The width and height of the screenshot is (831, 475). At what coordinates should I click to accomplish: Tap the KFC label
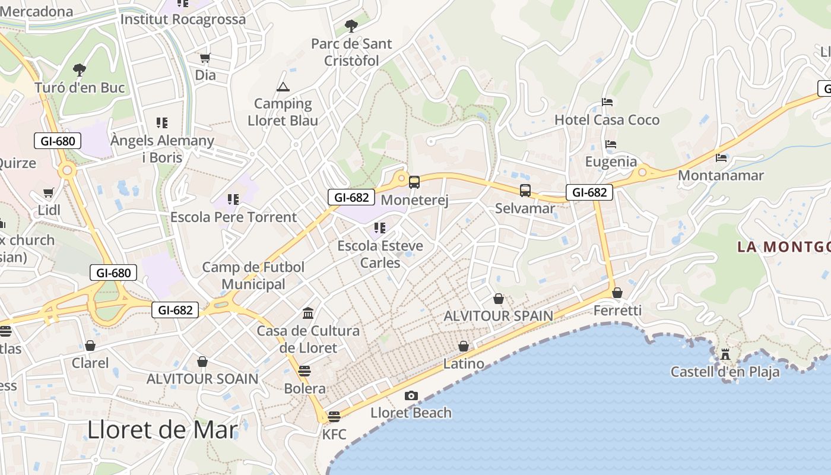point(334,434)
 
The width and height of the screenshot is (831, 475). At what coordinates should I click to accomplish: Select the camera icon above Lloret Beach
point(411,396)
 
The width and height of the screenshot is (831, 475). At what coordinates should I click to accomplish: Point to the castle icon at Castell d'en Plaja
point(725,354)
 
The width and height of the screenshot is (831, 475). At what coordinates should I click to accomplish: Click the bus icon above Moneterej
point(414,182)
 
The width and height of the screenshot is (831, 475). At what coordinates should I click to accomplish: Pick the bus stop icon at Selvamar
point(525,191)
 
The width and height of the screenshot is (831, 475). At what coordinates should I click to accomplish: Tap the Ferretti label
point(617,311)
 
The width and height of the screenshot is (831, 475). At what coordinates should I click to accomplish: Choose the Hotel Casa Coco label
point(607,120)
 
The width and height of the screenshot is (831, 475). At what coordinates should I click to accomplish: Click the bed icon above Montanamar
point(721,158)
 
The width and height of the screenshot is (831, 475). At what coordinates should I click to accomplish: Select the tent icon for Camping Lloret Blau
point(283,87)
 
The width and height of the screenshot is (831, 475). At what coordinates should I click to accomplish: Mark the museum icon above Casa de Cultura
point(308,313)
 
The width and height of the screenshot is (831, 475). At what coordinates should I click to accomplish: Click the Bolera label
point(305,389)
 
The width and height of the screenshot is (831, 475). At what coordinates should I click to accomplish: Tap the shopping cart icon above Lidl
point(49,193)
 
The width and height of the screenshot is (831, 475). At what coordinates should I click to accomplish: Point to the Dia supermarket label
point(205,75)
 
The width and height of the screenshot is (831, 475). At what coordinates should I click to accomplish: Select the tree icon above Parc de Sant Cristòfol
point(351,26)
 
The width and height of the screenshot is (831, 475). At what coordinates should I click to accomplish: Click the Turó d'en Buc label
point(80,88)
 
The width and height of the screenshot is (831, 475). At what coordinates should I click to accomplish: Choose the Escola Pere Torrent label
point(233,217)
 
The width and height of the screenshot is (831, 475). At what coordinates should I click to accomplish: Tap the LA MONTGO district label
point(784,246)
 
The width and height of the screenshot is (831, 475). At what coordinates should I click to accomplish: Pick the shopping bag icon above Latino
point(464,346)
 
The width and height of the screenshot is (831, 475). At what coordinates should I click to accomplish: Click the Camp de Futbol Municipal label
point(253,275)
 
